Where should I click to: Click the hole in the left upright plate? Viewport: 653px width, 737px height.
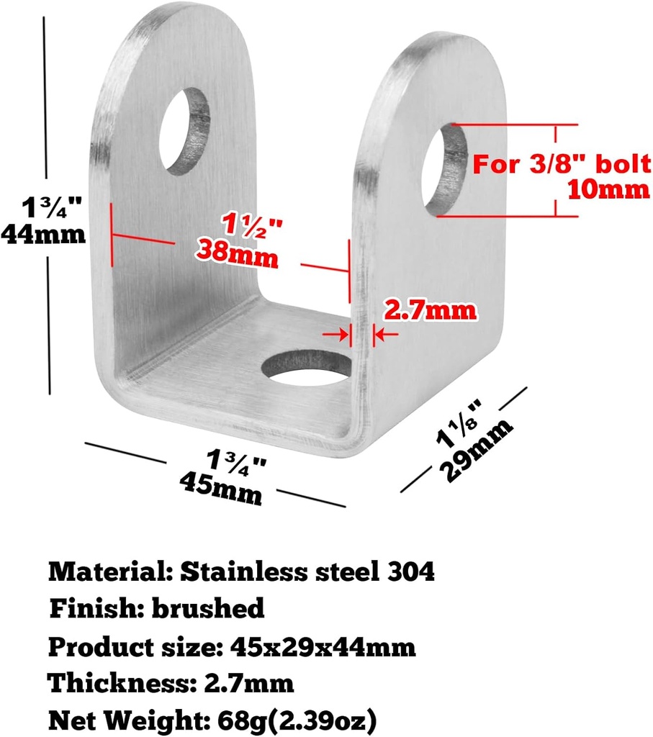click(184, 132)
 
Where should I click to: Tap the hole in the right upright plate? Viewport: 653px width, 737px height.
click(444, 171)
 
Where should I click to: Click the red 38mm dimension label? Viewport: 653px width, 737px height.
click(237, 253)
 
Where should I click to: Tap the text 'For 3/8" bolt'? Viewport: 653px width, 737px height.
click(561, 165)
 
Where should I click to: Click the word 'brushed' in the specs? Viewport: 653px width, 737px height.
click(207, 609)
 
